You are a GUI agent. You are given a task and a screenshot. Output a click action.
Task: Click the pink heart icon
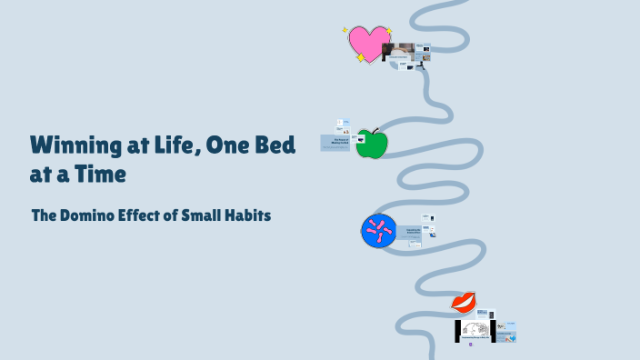click(x=368, y=42)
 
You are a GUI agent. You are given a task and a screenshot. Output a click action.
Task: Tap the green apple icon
click(x=371, y=145)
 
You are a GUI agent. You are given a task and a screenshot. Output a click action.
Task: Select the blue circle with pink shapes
click(x=378, y=231)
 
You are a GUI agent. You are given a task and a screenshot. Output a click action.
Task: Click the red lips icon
click(x=464, y=301)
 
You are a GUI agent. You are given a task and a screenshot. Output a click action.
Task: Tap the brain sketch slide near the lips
click(x=475, y=330)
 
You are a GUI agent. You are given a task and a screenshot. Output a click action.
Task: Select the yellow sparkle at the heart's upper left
click(x=345, y=30)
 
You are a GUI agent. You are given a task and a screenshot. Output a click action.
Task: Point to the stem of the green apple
click(x=375, y=131)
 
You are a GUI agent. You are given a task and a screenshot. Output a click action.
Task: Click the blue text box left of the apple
click(x=335, y=143)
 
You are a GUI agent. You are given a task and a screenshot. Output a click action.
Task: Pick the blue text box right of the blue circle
click(x=408, y=233)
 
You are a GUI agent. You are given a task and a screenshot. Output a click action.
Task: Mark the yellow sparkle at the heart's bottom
click(x=360, y=58)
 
